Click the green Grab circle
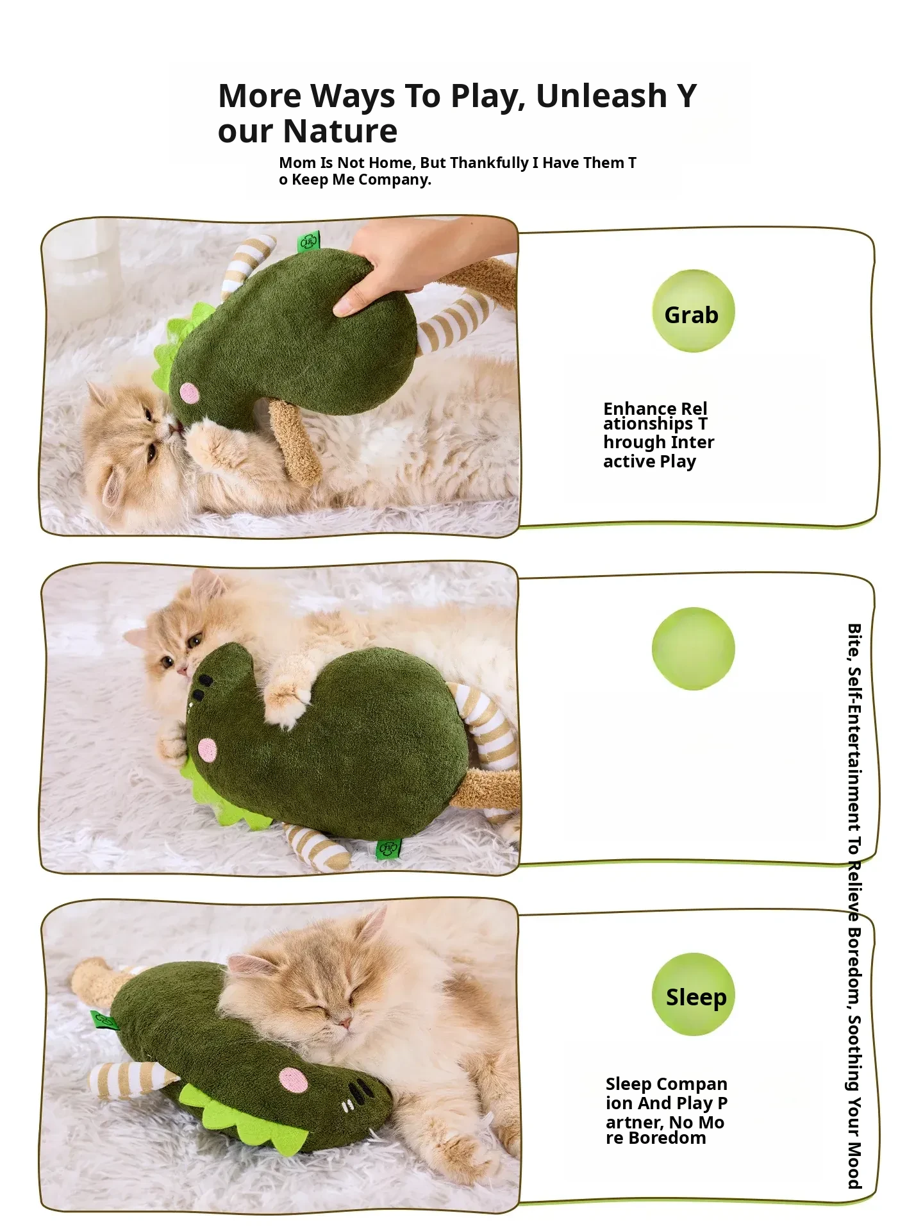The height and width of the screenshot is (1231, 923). click(x=693, y=311)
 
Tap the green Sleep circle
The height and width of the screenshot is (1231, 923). click(x=693, y=994)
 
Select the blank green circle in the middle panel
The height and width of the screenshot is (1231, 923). click(x=693, y=648)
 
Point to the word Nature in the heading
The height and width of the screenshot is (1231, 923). click(x=340, y=131)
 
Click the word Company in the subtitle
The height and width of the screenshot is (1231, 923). click(x=394, y=180)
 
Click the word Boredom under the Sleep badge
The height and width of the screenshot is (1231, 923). click(x=667, y=1138)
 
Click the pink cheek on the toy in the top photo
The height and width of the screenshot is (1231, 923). click(x=189, y=392)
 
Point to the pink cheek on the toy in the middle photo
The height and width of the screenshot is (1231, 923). click(x=207, y=749)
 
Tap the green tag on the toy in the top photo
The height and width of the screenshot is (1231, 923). click(x=308, y=242)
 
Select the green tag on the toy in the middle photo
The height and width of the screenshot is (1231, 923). click(x=388, y=849)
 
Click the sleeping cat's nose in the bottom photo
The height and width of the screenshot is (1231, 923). click(x=344, y=1021)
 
